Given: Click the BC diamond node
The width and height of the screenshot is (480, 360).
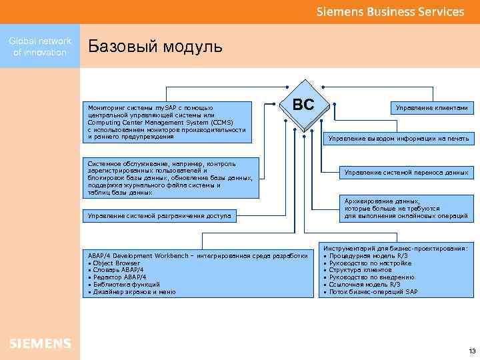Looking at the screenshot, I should tap(303, 105).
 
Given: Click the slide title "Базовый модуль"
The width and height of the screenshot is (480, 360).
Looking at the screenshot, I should tap(155, 47).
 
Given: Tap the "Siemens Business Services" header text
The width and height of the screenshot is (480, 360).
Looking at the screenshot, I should tap(390, 12).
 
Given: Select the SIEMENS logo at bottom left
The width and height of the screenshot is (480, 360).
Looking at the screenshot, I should tap(39, 343).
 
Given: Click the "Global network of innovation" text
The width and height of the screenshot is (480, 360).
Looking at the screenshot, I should tap(40, 47).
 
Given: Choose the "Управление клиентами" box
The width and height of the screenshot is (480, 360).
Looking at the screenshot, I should tap(431, 107).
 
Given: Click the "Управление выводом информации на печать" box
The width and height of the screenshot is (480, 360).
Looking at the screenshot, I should tap(399, 139).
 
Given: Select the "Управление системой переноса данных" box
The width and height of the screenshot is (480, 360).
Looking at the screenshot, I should tap(406, 172).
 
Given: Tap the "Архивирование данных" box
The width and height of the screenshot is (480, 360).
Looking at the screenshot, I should tap(406, 208).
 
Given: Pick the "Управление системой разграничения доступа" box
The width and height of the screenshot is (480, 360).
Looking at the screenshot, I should tap(159, 215).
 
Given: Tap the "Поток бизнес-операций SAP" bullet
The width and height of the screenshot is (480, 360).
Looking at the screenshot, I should tap(373, 292).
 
